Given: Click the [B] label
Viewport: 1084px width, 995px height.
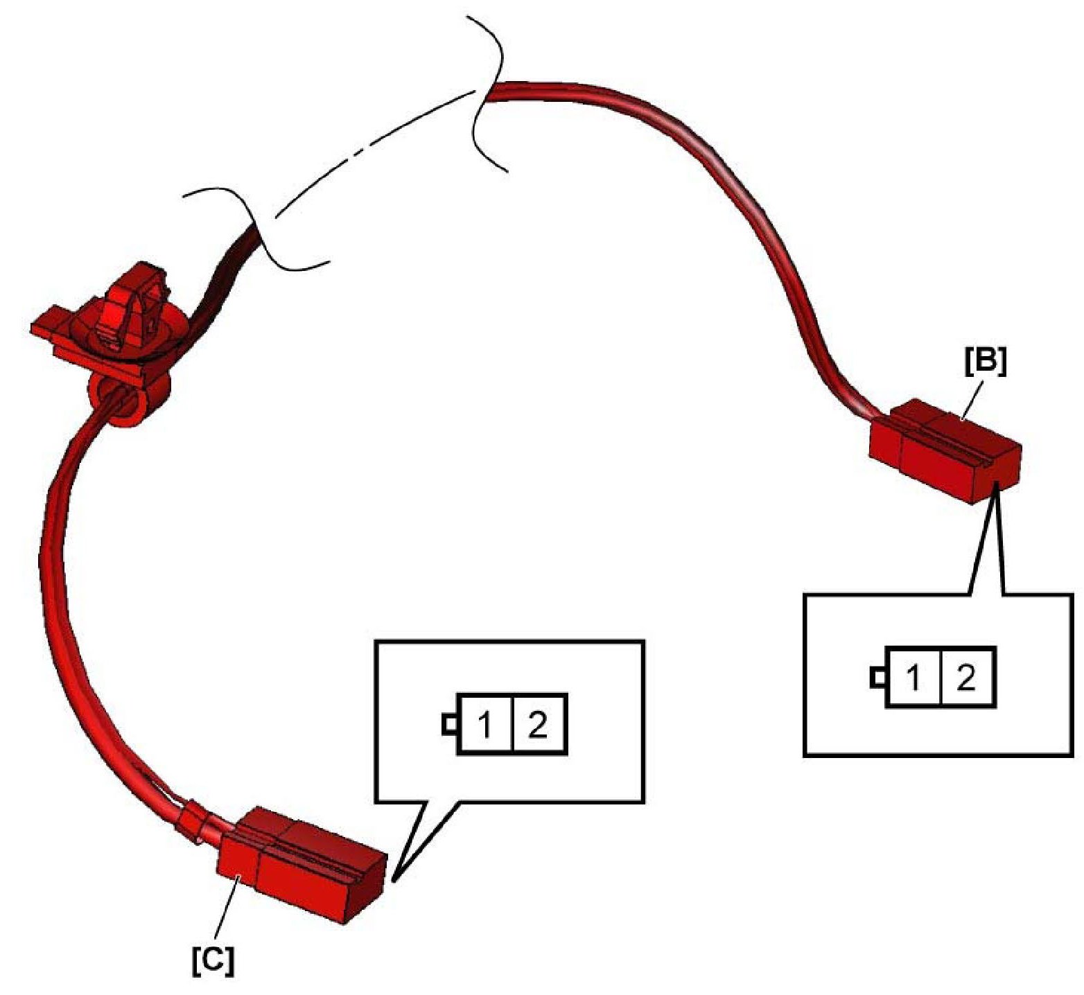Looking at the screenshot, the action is pyautogui.click(x=985, y=362).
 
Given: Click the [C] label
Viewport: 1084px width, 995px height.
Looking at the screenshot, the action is pyautogui.click(x=213, y=961).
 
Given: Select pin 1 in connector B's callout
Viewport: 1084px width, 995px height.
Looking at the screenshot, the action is pyautogui.click(x=913, y=677).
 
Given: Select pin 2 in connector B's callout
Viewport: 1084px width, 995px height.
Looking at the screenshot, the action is pyautogui.click(x=967, y=677).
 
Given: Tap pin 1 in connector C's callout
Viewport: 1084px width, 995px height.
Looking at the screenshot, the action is pyautogui.click(x=485, y=724).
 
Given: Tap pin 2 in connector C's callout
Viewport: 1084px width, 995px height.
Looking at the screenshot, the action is pyautogui.click(x=539, y=724).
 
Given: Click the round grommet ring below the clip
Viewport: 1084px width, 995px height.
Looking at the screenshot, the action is pyautogui.click(x=128, y=402).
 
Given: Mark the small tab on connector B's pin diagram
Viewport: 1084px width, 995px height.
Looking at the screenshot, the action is pyautogui.click(x=877, y=677).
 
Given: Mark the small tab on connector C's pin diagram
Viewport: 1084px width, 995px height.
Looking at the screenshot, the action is pyautogui.click(x=448, y=725).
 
